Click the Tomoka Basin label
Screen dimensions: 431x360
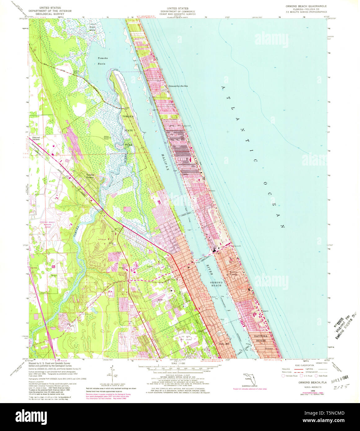pos(102,61)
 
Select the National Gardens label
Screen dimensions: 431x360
pos(36,139)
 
